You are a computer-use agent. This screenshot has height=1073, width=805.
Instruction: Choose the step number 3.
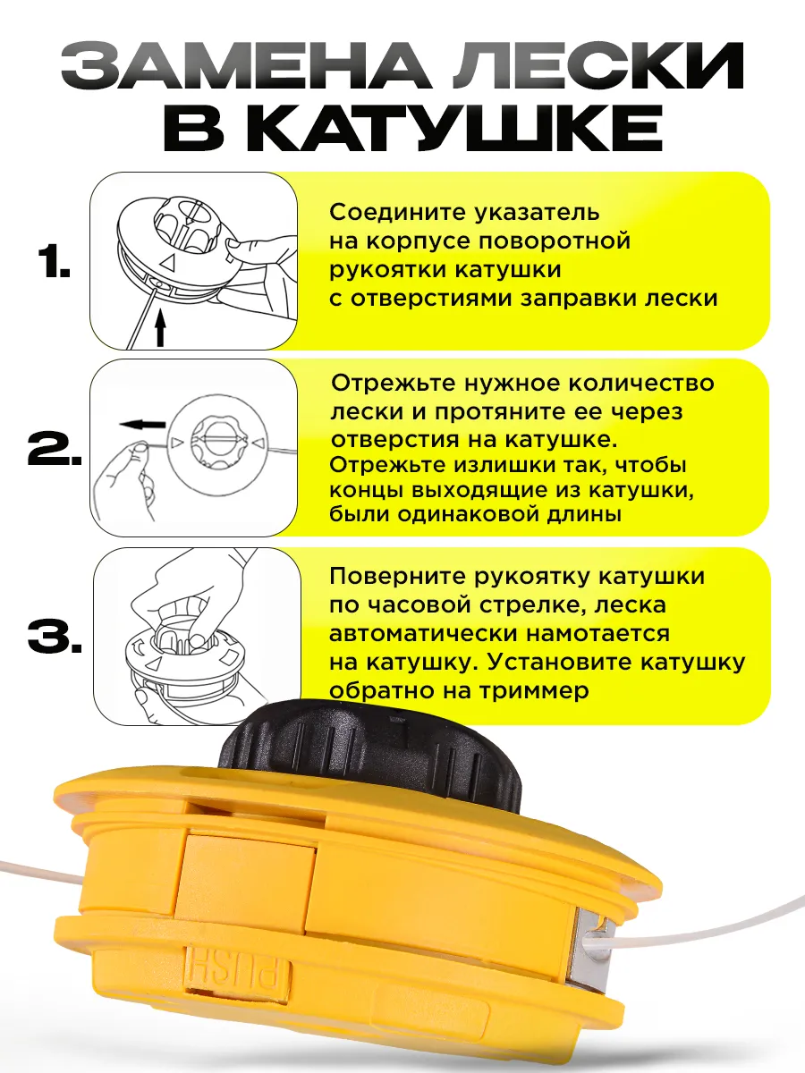coord(55,636)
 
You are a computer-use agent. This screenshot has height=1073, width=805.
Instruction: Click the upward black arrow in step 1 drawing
coord(160,329)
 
